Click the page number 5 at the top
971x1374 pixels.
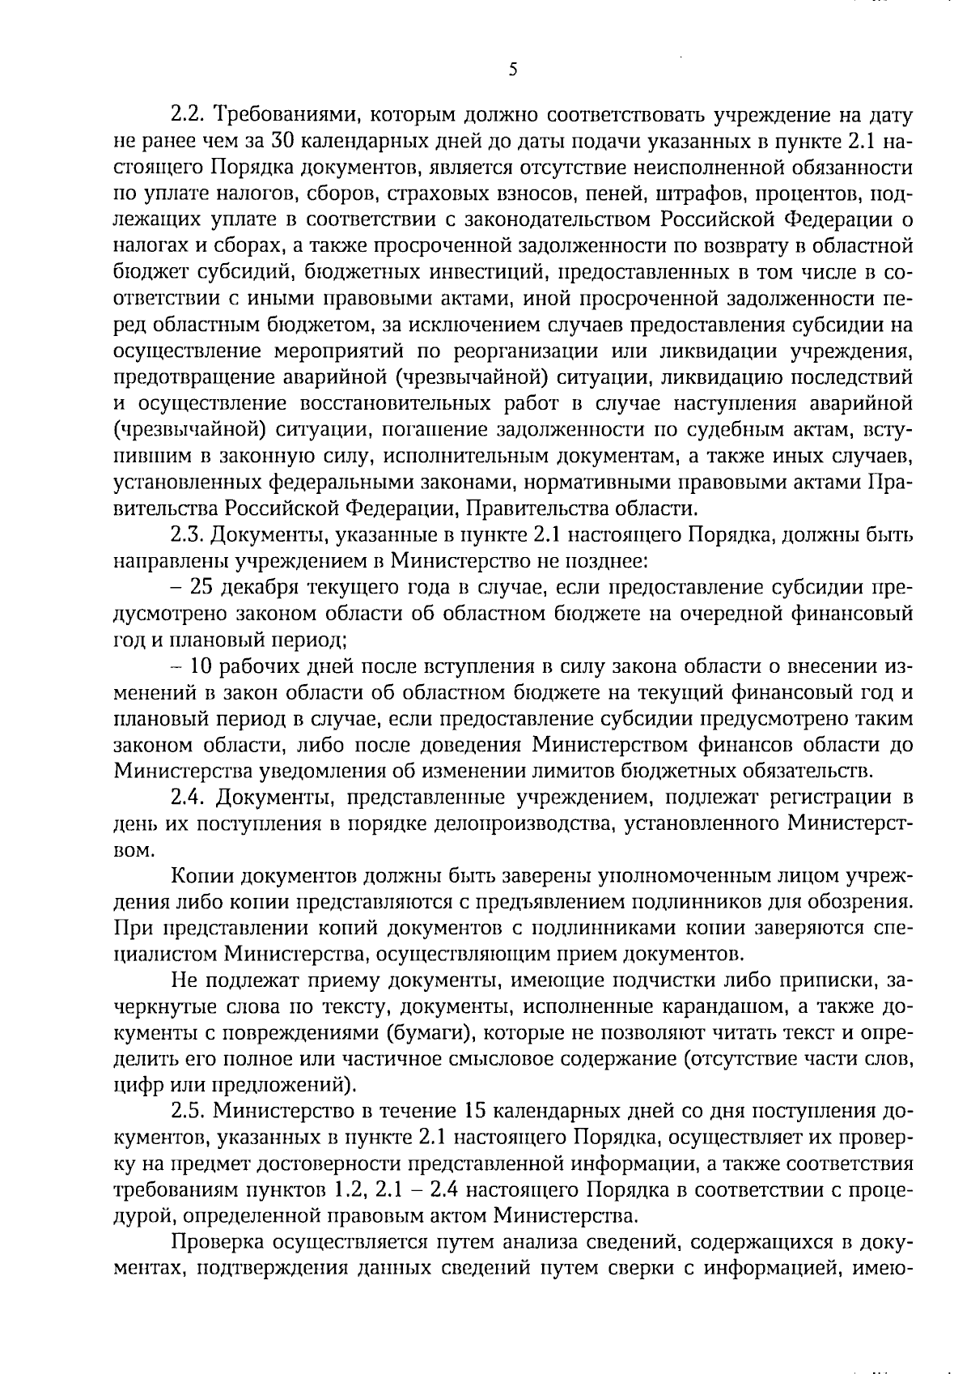tap(512, 70)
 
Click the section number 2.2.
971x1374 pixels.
tap(190, 116)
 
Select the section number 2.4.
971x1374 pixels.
tap(190, 798)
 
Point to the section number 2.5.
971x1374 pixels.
tap(190, 1112)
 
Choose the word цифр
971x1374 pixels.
tap(135, 1087)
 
